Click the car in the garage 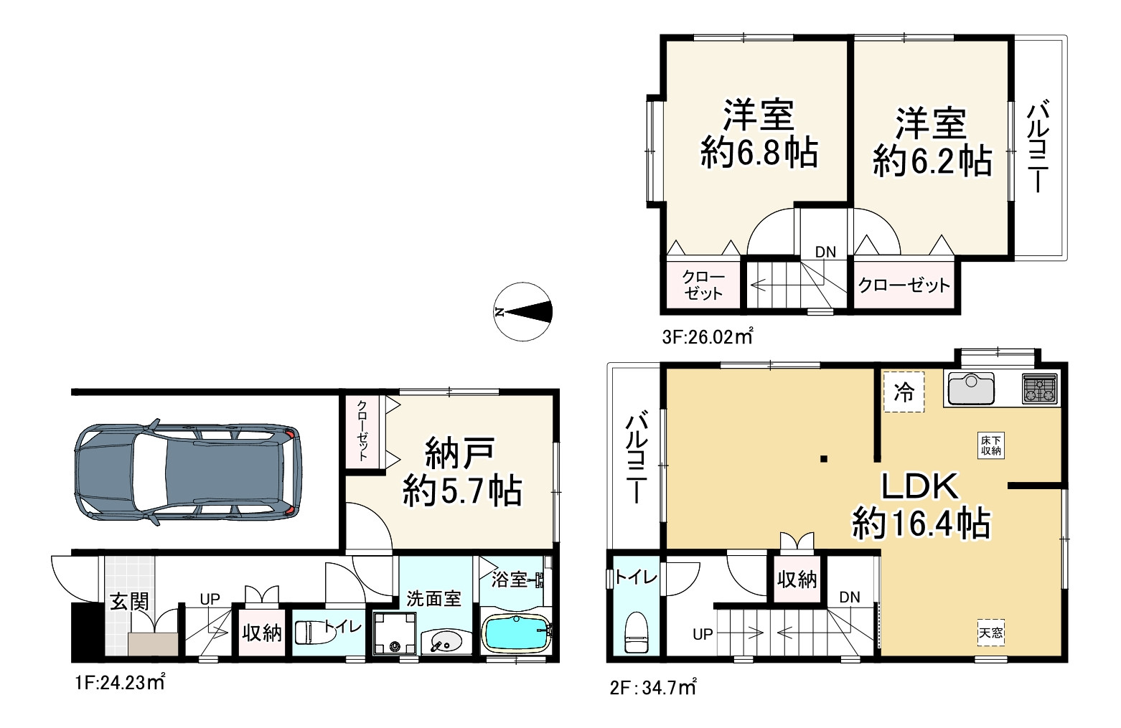[187, 472]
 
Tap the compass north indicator [523, 312]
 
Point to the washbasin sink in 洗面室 [445, 641]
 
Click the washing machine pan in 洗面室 [395, 633]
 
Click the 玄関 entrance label [130, 602]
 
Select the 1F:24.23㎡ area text [120, 683]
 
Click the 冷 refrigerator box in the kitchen [904, 392]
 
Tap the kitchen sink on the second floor [972, 389]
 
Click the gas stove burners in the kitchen [1041, 389]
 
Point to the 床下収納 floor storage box [991, 445]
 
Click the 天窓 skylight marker [991, 633]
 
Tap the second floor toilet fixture [637, 632]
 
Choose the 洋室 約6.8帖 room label [759, 135]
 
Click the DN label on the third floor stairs [825, 252]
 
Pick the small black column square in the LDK [824, 458]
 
